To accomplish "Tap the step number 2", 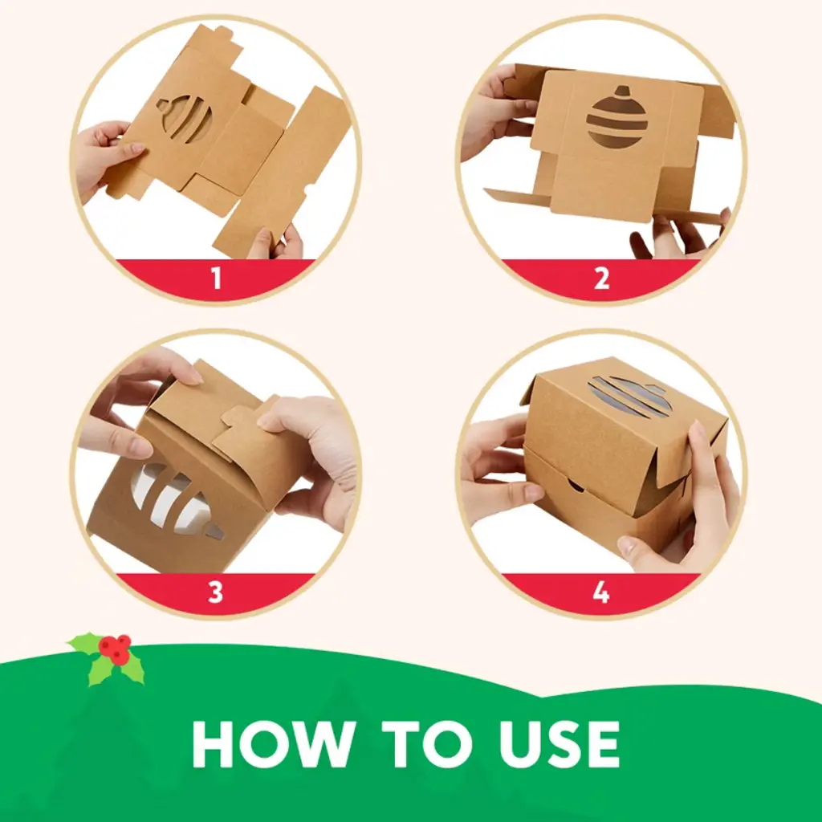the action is pyautogui.click(x=602, y=279).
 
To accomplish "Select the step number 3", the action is pyautogui.click(x=215, y=592).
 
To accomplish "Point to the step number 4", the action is pyautogui.click(x=601, y=592).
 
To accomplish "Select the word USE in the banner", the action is pyautogui.click(x=559, y=744).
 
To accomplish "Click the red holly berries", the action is pyautogui.click(x=116, y=649).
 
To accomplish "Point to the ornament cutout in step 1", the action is pyautogui.click(x=184, y=118).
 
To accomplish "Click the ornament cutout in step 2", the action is pyautogui.click(x=617, y=117).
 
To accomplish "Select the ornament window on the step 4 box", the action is pyautogui.click(x=629, y=397).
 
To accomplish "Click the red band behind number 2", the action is pyautogui.click(x=601, y=279).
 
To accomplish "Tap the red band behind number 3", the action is pyautogui.click(x=215, y=593).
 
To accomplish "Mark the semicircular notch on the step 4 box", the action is pyautogui.click(x=575, y=484).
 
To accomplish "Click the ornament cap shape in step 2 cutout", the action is pyautogui.click(x=622, y=92).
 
